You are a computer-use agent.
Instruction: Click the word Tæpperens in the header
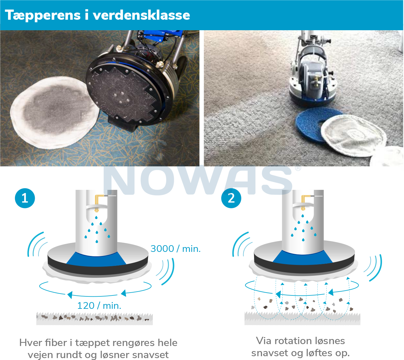click(x=42, y=16)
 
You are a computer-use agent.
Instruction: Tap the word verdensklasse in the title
click(x=141, y=15)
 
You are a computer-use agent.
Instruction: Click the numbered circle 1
click(x=25, y=198)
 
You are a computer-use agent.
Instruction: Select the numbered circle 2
click(x=231, y=198)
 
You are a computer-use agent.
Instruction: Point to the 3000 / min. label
click(x=175, y=249)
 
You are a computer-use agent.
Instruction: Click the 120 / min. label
click(x=99, y=306)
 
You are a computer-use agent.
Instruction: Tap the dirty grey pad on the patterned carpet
click(x=55, y=113)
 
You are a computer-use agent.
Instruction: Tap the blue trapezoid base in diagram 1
click(x=96, y=259)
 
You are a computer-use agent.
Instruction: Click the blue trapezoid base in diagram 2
click(x=302, y=257)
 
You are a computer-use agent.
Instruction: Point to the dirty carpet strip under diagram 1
click(x=95, y=318)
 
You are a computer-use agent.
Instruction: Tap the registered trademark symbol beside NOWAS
click(x=298, y=168)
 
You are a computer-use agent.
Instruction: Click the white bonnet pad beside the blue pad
click(x=353, y=135)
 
